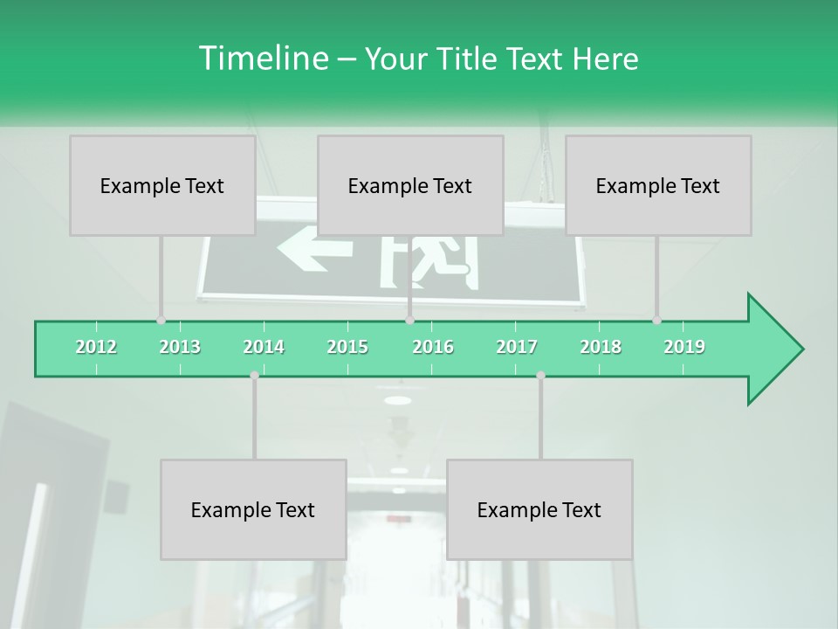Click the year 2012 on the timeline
click(96, 347)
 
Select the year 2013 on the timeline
click(180, 347)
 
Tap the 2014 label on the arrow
click(264, 347)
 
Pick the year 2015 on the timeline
click(347, 347)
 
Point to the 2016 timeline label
click(433, 347)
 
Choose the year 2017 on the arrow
click(517, 347)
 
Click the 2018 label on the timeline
click(601, 347)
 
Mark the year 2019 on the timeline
click(684, 347)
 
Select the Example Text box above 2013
click(162, 185)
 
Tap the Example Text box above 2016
click(410, 185)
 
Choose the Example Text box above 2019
click(658, 185)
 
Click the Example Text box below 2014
click(253, 509)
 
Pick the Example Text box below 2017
click(539, 509)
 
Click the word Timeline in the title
click(262, 59)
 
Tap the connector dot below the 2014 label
click(254, 375)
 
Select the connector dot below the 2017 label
click(540, 375)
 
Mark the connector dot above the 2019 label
click(657, 320)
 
